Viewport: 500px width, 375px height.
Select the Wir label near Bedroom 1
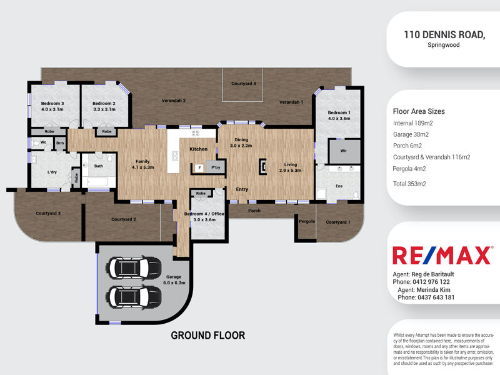tap(343, 151)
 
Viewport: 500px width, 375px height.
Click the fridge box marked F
tap(199, 167)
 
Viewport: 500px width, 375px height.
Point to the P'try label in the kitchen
tap(216, 167)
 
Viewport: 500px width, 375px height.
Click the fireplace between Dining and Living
tap(262, 166)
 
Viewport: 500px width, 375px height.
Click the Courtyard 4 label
tap(244, 84)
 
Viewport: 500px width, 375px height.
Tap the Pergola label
tap(307, 221)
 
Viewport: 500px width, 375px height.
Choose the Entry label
tap(242, 189)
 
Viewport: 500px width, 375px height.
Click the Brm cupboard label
tap(60, 143)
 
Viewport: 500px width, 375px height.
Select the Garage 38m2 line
tap(411, 134)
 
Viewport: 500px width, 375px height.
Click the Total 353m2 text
tap(409, 184)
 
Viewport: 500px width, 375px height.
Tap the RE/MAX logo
tap(442, 255)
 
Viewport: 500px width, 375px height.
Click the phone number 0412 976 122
tap(431, 282)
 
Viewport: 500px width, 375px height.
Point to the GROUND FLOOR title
tap(208, 336)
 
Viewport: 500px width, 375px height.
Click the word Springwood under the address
tap(444, 45)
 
